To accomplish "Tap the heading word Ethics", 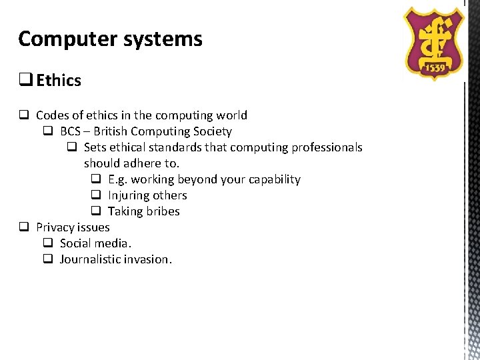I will pos(59,81).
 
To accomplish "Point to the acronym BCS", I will pos(71,131).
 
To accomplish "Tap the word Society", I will pos(210,131).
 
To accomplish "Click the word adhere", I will pos(141,163).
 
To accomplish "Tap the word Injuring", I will pos(129,195).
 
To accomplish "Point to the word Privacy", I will pos(55,227).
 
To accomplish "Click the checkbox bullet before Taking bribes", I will pos(95,211).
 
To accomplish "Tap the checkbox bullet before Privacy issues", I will pos(23,227).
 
